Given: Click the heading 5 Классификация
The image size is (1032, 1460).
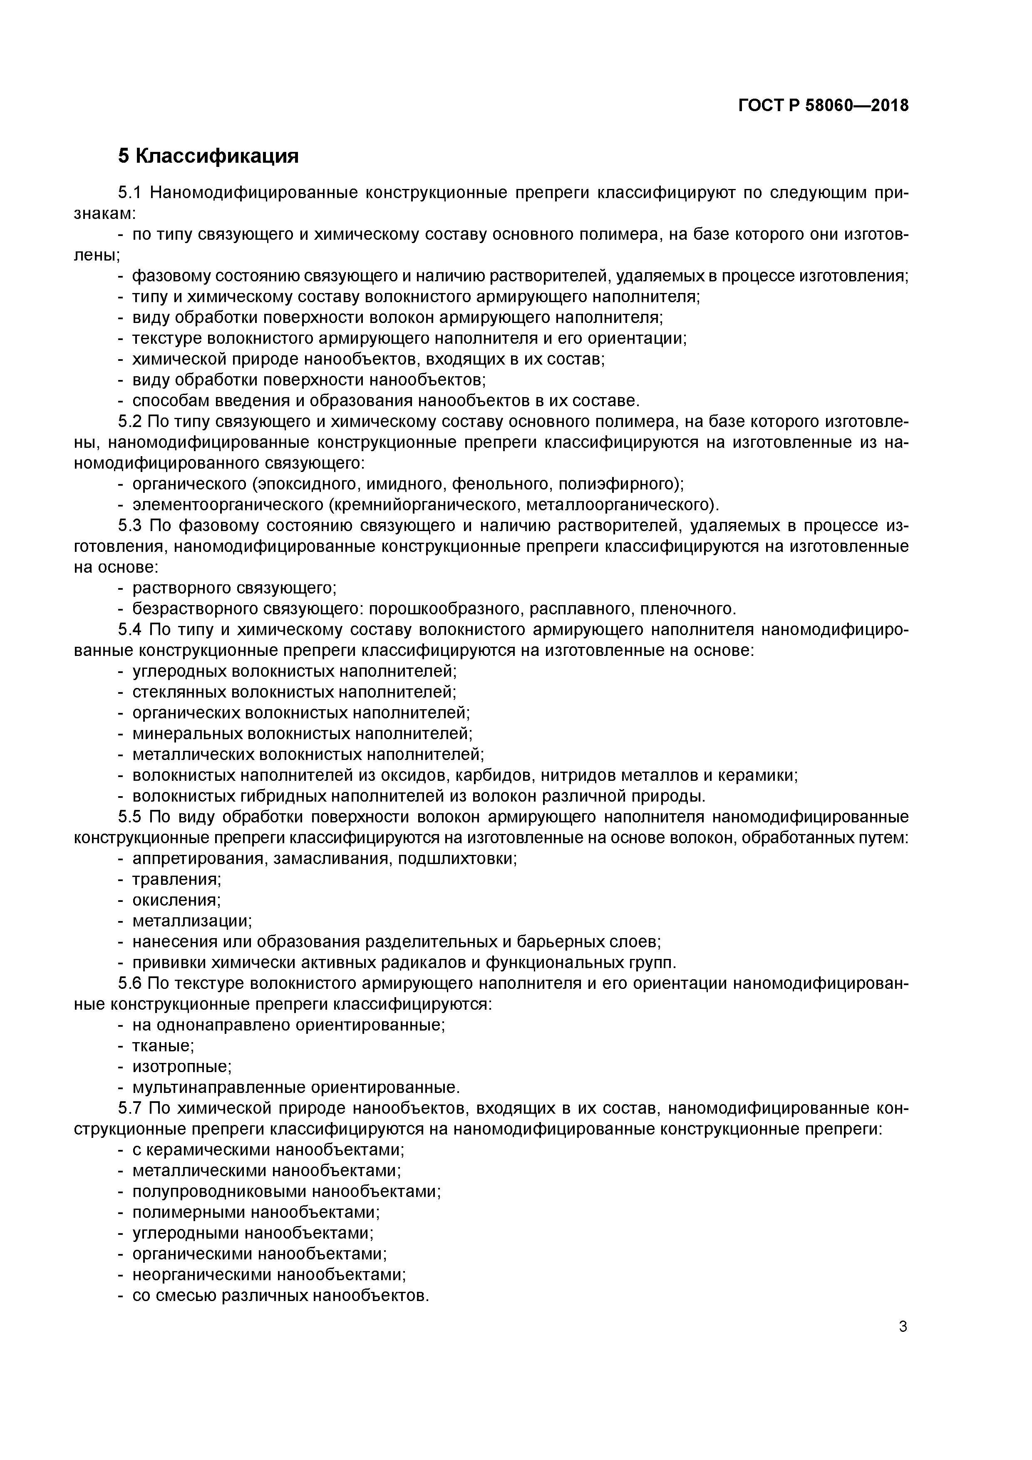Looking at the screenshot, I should pyautogui.click(x=208, y=156).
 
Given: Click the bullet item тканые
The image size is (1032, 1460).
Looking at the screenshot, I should pyautogui.click(x=163, y=1046).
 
